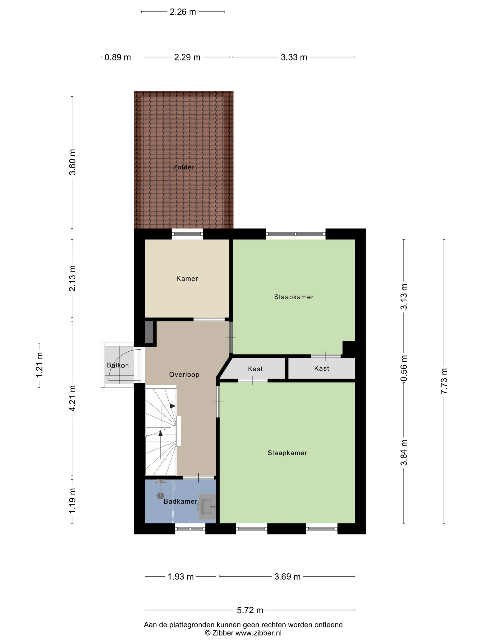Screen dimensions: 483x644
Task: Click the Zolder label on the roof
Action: coord(183,167)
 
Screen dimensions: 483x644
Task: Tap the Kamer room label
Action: coord(187,279)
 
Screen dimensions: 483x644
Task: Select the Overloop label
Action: coord(184,374)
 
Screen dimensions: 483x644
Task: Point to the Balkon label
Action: coord(118,365)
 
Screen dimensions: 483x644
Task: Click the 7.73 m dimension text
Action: coord(444,381)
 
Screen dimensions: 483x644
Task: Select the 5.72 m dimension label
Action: coord(250,610)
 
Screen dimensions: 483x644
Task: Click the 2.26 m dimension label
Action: coord(183,12)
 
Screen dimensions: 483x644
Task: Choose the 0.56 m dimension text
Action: coord(404,368)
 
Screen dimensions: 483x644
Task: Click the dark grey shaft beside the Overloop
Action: coord(149,332)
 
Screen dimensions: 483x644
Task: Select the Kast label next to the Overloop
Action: coord(255,369)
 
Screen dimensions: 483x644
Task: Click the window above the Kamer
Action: coord(187,234)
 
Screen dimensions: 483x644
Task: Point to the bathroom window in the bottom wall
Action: coord(190,529)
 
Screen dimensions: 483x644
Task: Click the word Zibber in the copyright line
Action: coord(223,633)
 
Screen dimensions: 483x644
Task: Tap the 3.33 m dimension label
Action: coord(294,57)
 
